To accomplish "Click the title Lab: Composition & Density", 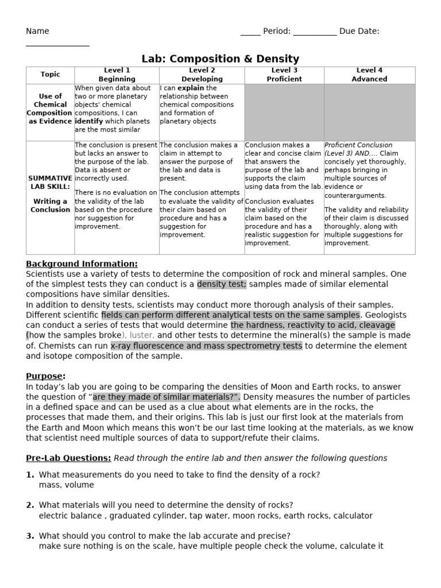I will tap(220, 59).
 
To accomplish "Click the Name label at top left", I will tap(37, 31).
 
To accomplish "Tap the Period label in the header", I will tap(277, 31).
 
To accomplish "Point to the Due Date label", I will tap(359, 31).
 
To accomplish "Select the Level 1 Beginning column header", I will tap(117, 75).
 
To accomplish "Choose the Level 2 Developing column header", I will tap(202, 75).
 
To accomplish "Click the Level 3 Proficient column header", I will tap(284, 75).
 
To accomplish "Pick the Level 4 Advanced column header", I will tap(369, 75).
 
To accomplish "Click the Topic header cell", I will tap(50, 75).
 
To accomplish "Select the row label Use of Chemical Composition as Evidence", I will tap(50, 109).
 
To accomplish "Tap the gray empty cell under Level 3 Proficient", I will tap(284, 112).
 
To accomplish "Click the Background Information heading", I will tap(82, 264).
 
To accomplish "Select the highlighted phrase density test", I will tap(222, 284).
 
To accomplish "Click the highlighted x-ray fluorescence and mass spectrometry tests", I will tap(206, 346).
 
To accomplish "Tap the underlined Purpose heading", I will tap(45, 376).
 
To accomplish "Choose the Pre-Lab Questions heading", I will tap(68, 458).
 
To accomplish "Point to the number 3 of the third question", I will tap(30, 536).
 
